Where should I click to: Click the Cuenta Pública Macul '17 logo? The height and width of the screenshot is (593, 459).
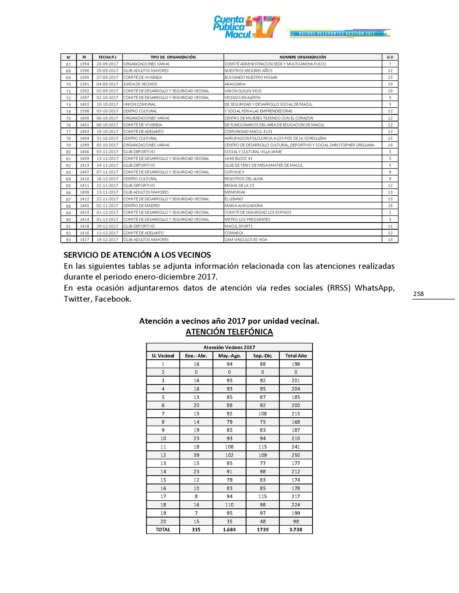[246, 27]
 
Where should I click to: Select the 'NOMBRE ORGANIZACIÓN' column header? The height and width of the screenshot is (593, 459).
[303, 57]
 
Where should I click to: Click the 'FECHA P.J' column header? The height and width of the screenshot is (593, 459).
[107, 57]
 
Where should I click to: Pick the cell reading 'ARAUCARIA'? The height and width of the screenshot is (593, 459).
[235, 84]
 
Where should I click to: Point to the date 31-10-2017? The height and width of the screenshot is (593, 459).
[107, 138]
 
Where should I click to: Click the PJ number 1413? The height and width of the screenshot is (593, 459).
[85, 165]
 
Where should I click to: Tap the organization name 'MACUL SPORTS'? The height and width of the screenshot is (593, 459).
[238, 226]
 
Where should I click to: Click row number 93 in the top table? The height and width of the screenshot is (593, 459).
[69, 240]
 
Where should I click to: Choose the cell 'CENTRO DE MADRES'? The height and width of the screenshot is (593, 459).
[142, 206]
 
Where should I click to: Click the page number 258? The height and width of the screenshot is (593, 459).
[418, 294]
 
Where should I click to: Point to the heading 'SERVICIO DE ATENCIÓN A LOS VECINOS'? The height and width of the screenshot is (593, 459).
[137, 255]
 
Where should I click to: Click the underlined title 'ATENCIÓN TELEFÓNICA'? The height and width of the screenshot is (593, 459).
[229, 332]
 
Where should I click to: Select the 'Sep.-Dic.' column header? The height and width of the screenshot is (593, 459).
[262, 356]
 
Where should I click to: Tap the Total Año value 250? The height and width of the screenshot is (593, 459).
[296, 455]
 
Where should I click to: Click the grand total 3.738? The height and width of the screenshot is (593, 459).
[296, 530]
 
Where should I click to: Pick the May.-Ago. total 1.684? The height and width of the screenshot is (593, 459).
[229, 530]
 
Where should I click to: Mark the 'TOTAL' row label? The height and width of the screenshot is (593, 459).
[163, 530]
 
